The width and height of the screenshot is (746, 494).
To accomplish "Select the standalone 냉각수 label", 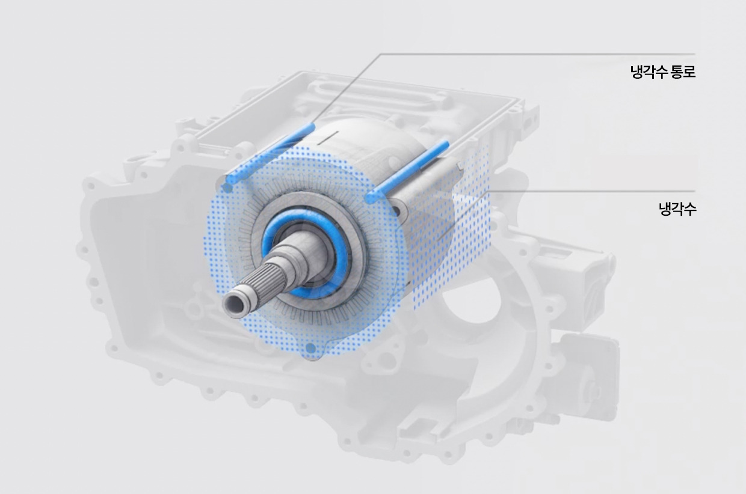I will [x=677, y=210].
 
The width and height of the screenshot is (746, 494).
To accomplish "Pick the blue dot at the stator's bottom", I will [x=310, y=349].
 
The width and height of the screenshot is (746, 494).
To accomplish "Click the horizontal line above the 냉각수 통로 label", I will [x=541, y=54].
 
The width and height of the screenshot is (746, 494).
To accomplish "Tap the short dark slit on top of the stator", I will [x=328, y=138].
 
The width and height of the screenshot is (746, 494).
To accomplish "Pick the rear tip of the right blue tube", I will [x=446, y=144].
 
